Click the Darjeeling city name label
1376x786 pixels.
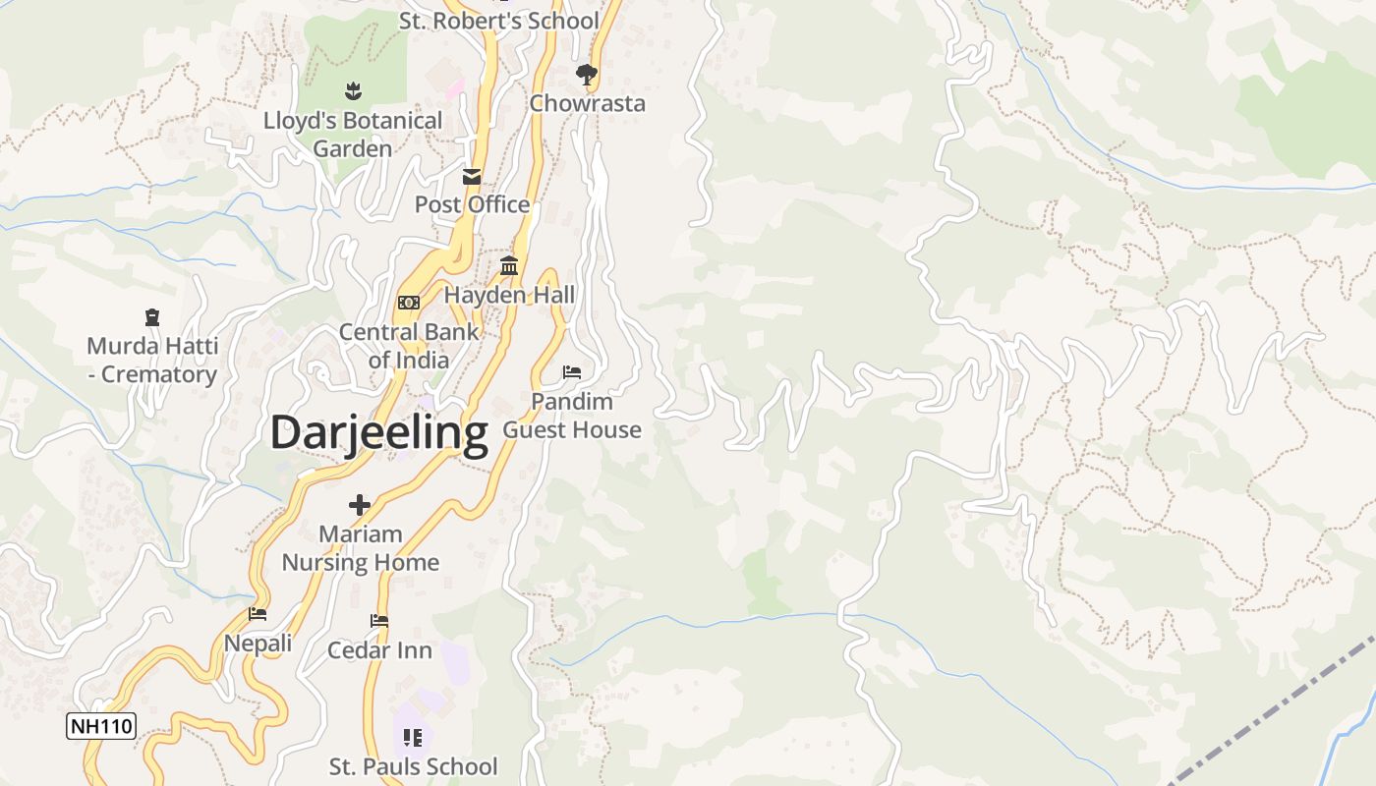point(378,432)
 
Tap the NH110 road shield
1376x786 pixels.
point(101,727)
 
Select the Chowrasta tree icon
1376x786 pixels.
point(587,75)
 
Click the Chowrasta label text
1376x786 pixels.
point(587,103)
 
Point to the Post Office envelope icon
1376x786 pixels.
point(472,177)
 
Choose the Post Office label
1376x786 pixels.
point(472,204)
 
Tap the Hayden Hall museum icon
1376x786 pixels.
point(509,265)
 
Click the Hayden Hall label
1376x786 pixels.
point(509,295)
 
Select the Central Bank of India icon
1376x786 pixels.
point(409,303)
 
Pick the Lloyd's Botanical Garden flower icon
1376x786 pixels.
point(353,92)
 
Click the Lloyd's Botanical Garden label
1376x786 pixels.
point(353,135)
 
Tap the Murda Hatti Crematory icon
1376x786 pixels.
point(151,317)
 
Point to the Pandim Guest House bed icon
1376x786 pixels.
point(572,372)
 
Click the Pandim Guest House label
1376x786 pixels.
point(572,416)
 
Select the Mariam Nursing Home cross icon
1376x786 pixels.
point(360,505)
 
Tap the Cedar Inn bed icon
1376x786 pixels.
point(379,621)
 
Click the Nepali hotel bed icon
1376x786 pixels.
point(258,614)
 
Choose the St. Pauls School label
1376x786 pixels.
point(413,766)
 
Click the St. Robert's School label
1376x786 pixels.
point(498,21)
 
